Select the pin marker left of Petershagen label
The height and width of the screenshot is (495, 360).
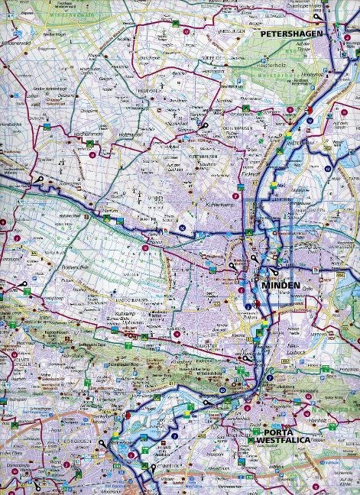coord(316,16)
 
